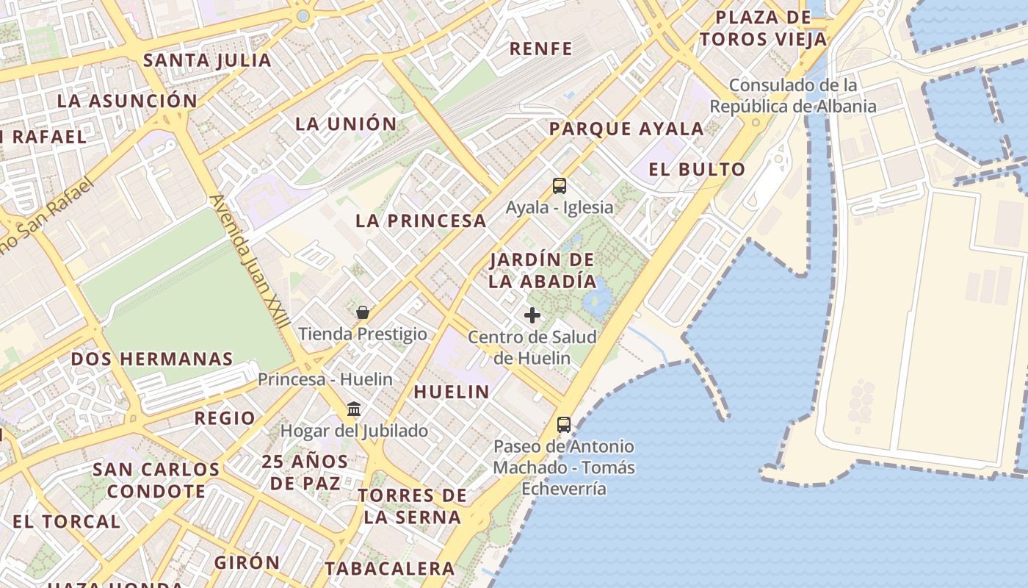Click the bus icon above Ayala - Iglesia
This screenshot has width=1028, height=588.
coord(560,185)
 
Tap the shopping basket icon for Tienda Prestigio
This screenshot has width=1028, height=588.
coord(362,312)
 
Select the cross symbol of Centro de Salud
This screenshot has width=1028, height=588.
coord(532,315)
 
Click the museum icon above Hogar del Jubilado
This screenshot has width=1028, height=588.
coord(354,409)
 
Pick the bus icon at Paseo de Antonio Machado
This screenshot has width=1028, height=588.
coord(563,424)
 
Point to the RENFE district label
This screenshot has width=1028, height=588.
coord(541,49)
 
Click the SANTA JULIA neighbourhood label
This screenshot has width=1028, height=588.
coord(207,60)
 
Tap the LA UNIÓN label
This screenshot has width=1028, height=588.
coord(346,123)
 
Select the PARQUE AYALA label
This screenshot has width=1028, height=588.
coord(626,129)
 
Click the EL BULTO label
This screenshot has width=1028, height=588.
coord(697,169)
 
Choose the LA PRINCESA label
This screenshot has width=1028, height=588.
coord(421,220)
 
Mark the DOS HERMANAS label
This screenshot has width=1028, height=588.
coord(152,359)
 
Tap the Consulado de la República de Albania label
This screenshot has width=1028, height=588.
coord(793,96)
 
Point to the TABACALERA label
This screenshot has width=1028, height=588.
coord(390,568)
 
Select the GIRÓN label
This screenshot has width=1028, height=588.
coord(247,562)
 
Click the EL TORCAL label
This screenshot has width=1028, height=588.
coord(66,522)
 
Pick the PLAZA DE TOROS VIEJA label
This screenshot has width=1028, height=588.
coord(763,28)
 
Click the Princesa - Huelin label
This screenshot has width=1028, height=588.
coord(325,379)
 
